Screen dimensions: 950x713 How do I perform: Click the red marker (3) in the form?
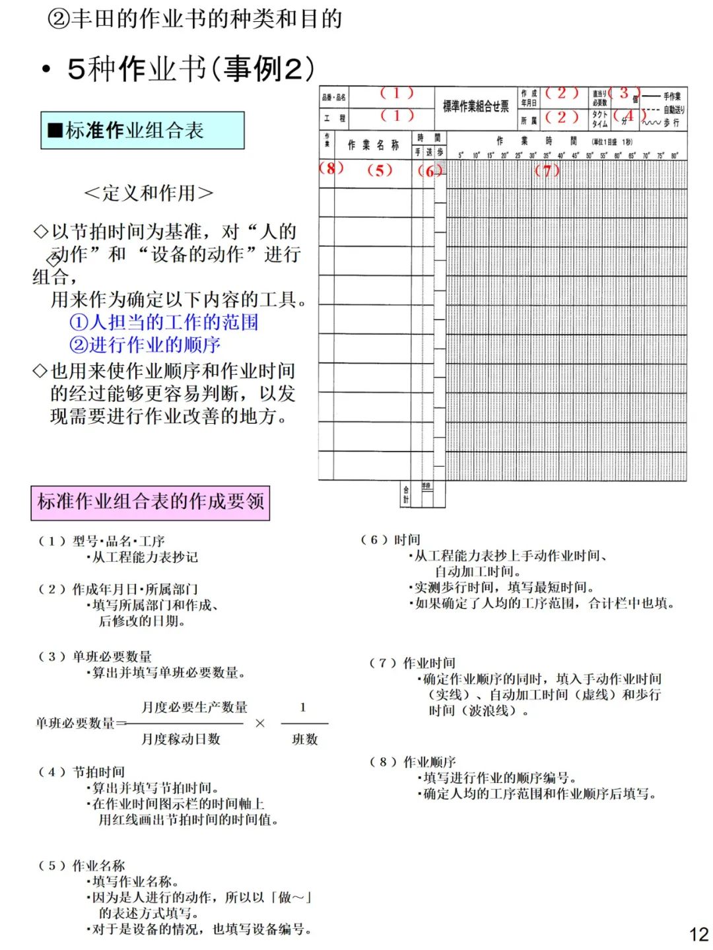pos(624,93)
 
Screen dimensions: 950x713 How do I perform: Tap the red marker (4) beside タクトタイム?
pos(628,116)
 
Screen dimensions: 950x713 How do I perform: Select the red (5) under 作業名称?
pos(380,170)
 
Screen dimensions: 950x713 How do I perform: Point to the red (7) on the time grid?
pos(547,170)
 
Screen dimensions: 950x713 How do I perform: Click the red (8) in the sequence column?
pos(331,168)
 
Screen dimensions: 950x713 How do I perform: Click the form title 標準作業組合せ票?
pos(475,106)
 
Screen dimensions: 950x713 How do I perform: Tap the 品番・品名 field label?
pos(333,97)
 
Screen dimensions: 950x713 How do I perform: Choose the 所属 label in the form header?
pos(528,120)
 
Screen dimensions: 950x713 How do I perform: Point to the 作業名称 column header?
pos(373,145)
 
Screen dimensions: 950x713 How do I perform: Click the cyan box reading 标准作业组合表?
pos(143,130)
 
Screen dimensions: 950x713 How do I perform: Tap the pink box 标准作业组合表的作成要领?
pos(151,502)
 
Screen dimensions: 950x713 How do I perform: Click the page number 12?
pos(698,934)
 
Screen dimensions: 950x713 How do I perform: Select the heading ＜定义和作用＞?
pos(149,193)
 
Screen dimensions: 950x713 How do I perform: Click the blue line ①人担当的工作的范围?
pos(164,322)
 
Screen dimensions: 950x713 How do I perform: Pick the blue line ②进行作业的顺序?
pos(145,345)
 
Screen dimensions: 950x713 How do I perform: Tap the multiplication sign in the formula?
pos(260,724)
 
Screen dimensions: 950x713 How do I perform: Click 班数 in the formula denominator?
pos(304,739)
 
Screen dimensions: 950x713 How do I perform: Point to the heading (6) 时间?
pos(390,540)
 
